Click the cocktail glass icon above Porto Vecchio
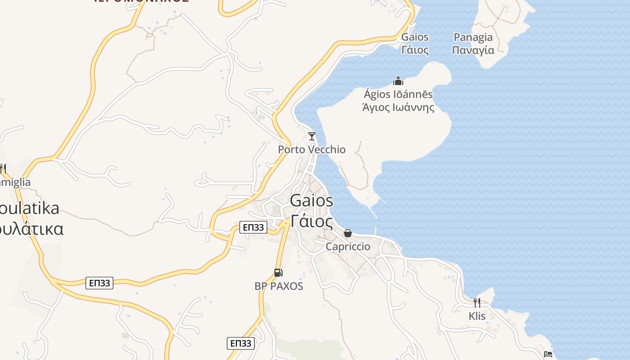tap(312, 136)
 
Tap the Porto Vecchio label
tap(312, 149)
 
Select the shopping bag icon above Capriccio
tap(348, 233)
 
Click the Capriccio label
tap(348, 247)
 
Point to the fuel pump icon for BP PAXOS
tap(279, 273)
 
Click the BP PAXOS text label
tap(279, 286)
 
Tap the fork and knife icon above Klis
tap(477, 302)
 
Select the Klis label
tap(477, 316)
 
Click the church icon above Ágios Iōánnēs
tap(398, 81)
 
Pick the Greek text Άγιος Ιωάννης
tap(398, 108)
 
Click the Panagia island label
tap(473, 37)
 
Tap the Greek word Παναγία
tap(473, 50)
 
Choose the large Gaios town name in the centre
tap(312, 201)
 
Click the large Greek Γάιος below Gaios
tap(312, 221)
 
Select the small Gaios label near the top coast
tap(415, 37)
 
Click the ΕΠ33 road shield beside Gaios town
tap(253, 227)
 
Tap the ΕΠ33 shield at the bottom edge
tap(241, 343)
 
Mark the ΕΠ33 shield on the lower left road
tap(99, 283)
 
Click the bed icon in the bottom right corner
tap(548, 354)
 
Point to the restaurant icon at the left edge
tap(2, 169)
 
